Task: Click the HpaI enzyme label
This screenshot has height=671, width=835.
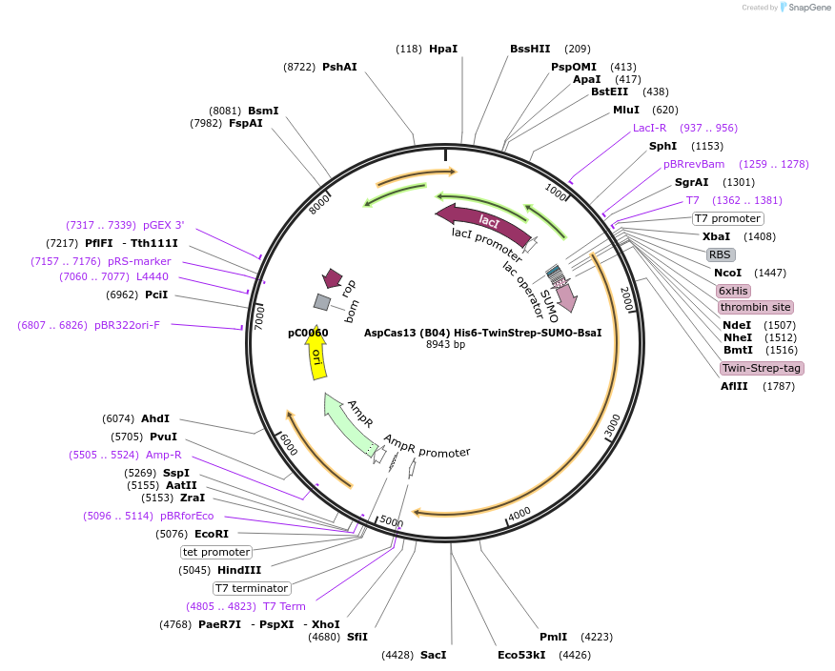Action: [x=442, y=49]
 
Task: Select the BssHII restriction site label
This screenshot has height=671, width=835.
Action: [x=530, y=49]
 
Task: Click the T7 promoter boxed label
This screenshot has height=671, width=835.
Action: [x=727, y=218]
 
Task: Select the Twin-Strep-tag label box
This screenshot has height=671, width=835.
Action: [x=761, y=368]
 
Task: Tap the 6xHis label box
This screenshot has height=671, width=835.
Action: [x=733, y=291]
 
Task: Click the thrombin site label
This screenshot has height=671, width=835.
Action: [x=755, y=307]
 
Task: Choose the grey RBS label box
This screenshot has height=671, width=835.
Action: [x=720, y=254]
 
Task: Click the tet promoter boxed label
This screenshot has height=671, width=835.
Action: [x=215, y=552]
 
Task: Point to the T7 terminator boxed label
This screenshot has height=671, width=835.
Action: [x=251, y=588]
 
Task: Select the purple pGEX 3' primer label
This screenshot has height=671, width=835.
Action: [x=164, y=225]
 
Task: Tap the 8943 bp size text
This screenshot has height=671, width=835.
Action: [x=445, y=344]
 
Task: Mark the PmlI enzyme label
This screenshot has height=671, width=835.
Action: [x=553, y=637]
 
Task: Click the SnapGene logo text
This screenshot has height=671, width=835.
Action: [x=805, y=8]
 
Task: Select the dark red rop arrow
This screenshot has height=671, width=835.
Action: [x=333, y=278]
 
